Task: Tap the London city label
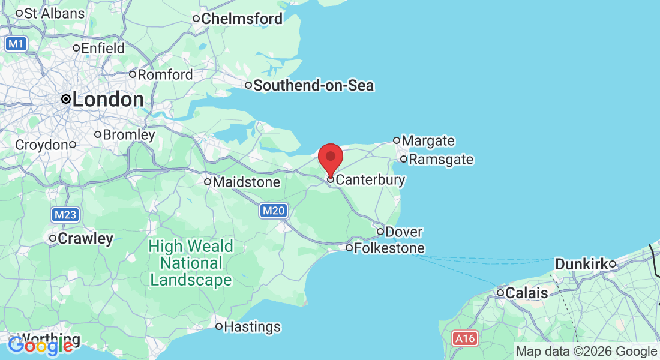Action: click(x=107, y=100)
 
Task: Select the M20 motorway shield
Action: click(x=273, y=211)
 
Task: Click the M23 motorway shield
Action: click(x=65, y=215)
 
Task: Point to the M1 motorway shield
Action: click(x=17, y=43)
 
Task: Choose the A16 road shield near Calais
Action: click(x=465, y=339)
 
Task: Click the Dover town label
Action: click(x=404, y=232)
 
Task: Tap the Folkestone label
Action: click(x=389, y=248)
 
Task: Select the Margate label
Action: click(x=428, y=141)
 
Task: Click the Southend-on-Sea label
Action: click(x=313, y=86)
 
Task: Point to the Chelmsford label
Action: click(x=241, y=19)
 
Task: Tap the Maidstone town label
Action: click(x=246, y=181)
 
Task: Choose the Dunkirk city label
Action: click(x=581, y=264)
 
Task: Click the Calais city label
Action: click(x=526, y=293)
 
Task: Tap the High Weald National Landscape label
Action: click(x=191, y=263)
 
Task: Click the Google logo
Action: click(x=41, y=345)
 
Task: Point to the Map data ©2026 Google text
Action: click(x=587, y=352)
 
